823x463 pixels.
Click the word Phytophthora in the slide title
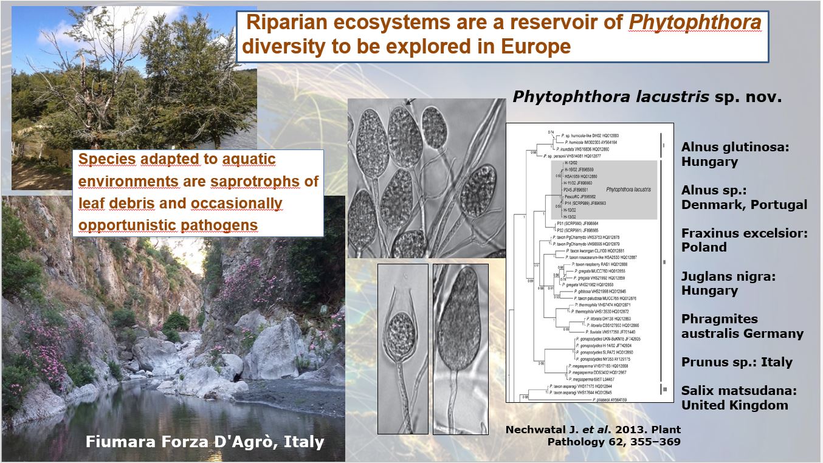pos(695,23)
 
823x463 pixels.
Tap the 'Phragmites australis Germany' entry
pos(742,326)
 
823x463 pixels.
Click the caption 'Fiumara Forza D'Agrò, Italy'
pos(205,442)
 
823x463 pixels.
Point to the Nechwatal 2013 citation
pos(593,436)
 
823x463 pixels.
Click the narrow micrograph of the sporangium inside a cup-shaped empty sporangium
pos(402,349)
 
